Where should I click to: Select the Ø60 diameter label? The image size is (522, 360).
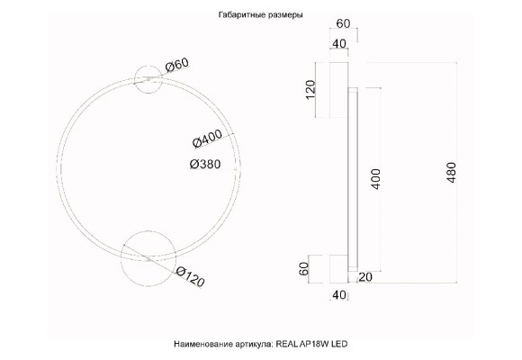177,65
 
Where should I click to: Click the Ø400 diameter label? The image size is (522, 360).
208,139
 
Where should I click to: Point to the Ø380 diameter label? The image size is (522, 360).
207,164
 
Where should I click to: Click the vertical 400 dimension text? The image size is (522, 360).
377,180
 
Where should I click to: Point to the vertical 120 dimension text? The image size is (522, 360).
312,90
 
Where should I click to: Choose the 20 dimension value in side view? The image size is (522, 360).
364,276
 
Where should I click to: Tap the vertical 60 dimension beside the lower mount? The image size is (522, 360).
306,267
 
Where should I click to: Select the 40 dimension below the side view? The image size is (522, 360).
339,294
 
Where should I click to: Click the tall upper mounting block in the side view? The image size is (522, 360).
340,90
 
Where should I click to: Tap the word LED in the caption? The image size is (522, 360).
339,345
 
